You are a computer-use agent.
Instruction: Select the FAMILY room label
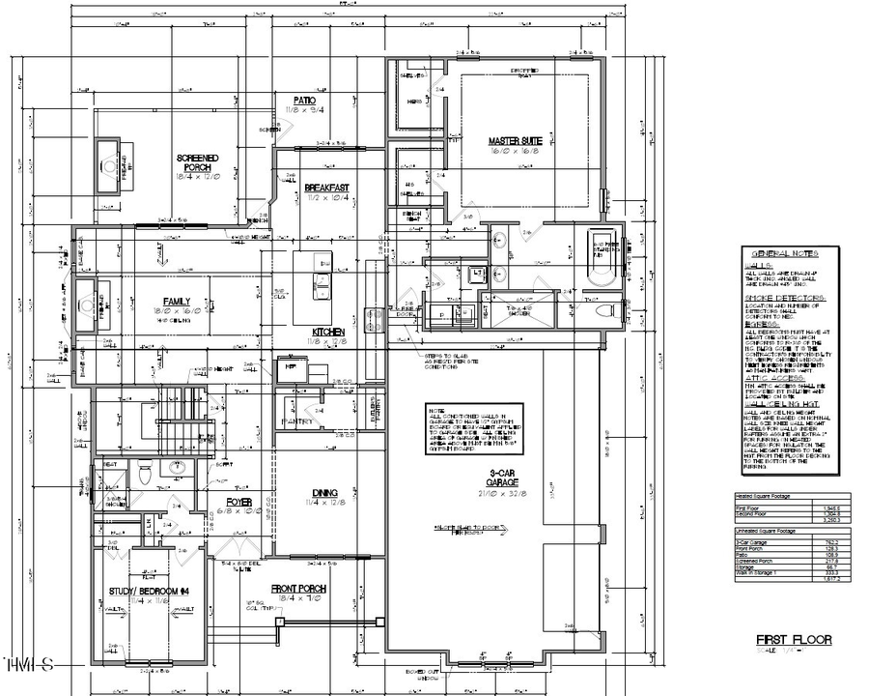pyautogui.click(x=176, y=301)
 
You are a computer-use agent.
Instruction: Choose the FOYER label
pyautogui.click(x=239, y=501)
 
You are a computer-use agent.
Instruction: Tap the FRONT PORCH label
pyautogui.click(x=298, y=589)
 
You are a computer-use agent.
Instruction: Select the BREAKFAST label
pyautogui.click(x=326, y=187)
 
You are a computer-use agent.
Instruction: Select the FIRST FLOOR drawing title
pyautogui.click(x=794, y=640)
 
